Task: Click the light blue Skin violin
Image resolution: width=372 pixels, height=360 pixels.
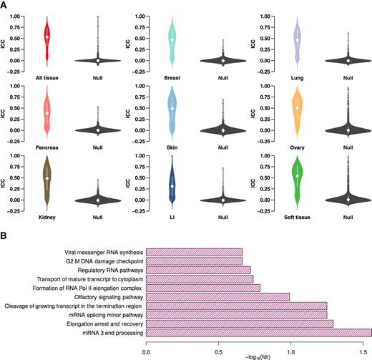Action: pos(172,109)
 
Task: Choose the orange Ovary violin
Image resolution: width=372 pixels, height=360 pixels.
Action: pos(296,109)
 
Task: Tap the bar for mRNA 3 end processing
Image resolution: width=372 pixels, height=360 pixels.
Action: pos(258,332)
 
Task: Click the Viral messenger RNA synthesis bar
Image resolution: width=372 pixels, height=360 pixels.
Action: pos(194,252)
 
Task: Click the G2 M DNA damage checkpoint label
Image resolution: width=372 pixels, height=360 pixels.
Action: pos(104,261)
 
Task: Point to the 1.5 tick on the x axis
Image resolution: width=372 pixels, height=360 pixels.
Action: pos(363,344)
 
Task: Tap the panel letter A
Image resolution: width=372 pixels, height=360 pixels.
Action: pos(5,4)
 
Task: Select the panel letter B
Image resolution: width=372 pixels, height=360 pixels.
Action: pos(5,233)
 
